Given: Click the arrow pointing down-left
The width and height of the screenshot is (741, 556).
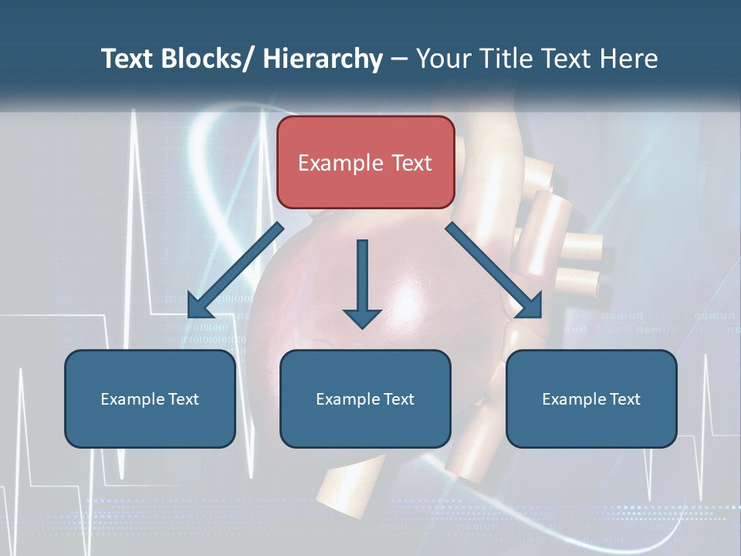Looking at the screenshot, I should pyautogui.click(x=235, y=270).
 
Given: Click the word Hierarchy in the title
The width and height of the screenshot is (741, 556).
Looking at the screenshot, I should pyautogui.click(x=323, y=59).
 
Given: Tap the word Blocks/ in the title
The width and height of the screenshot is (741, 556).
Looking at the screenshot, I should pyautogui.click(x=209, y=59).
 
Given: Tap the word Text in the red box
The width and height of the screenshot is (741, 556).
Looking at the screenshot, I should pyautogui.click(x=411, y=163).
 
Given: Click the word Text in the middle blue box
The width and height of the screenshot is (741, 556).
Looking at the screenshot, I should pyautogui.click(x=398, y=399).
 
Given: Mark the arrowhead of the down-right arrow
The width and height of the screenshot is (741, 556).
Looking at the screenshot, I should pyautogui.click(x=530, y=306).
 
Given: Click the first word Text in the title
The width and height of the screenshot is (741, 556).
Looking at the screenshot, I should pyautogui.click(x=127, y=59).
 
